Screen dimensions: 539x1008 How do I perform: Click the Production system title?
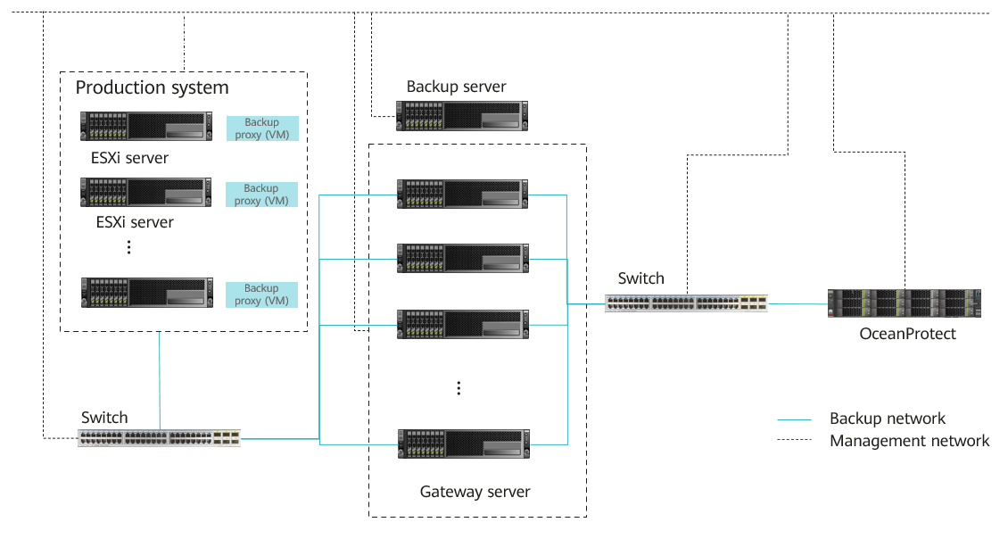152,87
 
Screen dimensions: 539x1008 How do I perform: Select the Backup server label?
456,87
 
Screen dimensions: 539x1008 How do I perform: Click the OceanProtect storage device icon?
905,303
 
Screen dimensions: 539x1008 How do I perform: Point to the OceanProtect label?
907,334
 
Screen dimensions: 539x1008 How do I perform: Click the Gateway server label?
475,492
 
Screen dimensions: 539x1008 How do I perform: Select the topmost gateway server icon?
462,194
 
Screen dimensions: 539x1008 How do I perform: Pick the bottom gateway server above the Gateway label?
462,444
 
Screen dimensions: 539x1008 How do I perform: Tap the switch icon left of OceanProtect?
686,303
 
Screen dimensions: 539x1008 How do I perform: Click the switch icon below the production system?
159,437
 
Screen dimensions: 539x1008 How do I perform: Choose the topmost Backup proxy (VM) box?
261,129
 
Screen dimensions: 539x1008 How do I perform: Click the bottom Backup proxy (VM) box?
261,294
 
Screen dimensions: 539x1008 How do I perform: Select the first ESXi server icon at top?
146,126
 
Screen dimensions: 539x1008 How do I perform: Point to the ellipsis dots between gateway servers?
459,388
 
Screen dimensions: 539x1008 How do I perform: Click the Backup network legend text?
887,419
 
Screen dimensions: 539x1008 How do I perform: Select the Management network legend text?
909,441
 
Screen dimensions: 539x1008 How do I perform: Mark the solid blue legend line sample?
794,419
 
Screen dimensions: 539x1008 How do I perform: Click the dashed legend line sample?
794,441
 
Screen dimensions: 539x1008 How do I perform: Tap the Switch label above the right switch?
640,278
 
